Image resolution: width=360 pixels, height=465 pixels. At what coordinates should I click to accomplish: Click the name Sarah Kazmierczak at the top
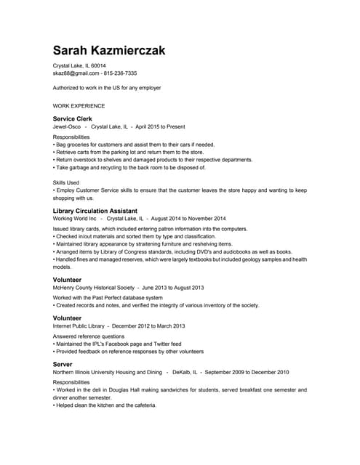click(x=109, y=50)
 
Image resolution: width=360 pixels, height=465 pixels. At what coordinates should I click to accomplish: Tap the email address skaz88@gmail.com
click(x=76, y=73)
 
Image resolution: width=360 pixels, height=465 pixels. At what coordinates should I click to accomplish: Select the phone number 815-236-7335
click(x=120, y=73)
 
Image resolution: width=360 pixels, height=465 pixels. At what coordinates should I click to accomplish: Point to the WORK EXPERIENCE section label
click(x=79, y=105)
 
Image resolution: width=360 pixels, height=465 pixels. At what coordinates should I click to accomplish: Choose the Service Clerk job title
click(x=73, y=118)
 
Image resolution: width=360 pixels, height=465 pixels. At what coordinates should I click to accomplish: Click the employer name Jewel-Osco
click(x=67, y=126)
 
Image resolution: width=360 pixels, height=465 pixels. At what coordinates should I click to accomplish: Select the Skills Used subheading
click(x=66, y=182)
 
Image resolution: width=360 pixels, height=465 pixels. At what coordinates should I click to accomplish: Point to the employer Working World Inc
click(x=75, y=219)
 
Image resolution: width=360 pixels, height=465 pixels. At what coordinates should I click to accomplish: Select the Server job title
click(x=63, y=363)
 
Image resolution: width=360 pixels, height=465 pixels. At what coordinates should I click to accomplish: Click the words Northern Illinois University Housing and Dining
click(x=108, y=372)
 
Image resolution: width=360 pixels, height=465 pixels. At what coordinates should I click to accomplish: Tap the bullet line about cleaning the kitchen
click(x=105, y=405)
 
